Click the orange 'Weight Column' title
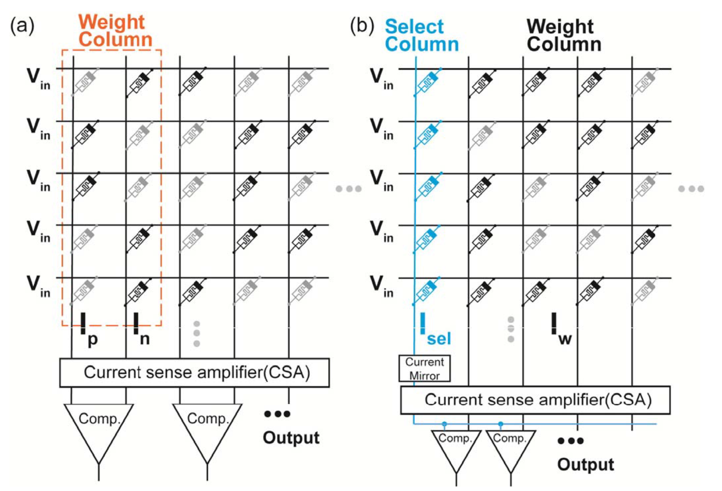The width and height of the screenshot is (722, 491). click(115, 31)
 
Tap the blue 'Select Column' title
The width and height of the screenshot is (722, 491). click(422, 35)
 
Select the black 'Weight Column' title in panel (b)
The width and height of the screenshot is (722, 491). click(564, 35)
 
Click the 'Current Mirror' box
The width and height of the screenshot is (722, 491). click(424, 369)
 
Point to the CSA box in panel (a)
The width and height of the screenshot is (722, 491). click(194, 372)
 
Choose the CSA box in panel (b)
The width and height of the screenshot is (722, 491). click(535, 400)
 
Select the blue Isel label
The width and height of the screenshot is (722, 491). click(436, 329)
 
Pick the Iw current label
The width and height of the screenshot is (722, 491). click(561, 329)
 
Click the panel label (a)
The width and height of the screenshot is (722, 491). click(22, 25)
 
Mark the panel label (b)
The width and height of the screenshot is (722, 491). click(362, 25)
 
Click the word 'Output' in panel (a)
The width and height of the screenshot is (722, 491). click(291, 438)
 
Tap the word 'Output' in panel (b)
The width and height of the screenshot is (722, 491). click(586, 464)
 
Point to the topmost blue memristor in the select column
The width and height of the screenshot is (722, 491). click(428, 82)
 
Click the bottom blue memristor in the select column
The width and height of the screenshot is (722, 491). click(426, 291)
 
